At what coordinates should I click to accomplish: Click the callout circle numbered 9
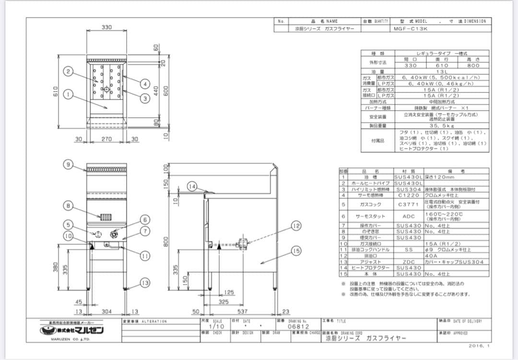point(69,164)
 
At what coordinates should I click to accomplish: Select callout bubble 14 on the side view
point(192,186)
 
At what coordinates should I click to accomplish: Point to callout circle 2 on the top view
point(69,72)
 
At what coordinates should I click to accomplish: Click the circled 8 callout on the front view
point(69,206)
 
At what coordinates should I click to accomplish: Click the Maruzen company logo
point(71,330)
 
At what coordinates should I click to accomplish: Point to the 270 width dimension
point(106,139)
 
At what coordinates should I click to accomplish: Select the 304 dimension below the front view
point(106,312)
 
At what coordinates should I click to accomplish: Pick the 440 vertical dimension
point(155,90)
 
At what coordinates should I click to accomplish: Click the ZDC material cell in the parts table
point(408,262)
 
